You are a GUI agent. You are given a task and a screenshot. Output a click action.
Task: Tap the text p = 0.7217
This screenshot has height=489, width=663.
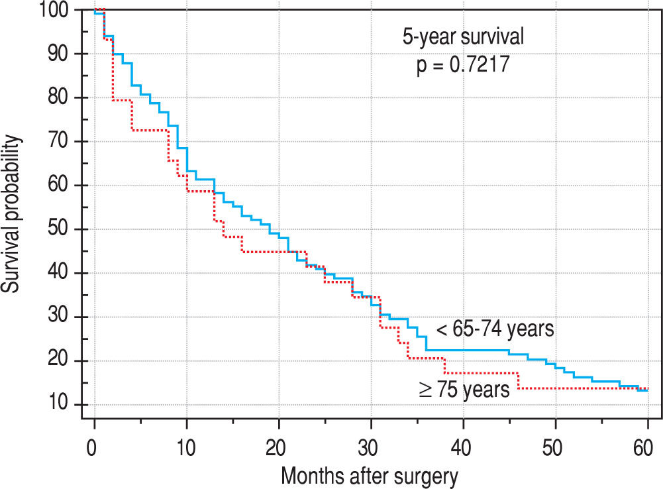click(x=463, y=66)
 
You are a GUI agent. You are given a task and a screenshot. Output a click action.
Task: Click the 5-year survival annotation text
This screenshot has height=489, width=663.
click(x=463, y=38)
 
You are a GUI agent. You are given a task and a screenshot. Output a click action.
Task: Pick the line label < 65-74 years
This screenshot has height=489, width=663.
click(x=495, y=329)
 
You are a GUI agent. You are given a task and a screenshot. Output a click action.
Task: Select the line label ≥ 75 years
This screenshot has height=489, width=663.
click(x=464, y=390)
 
